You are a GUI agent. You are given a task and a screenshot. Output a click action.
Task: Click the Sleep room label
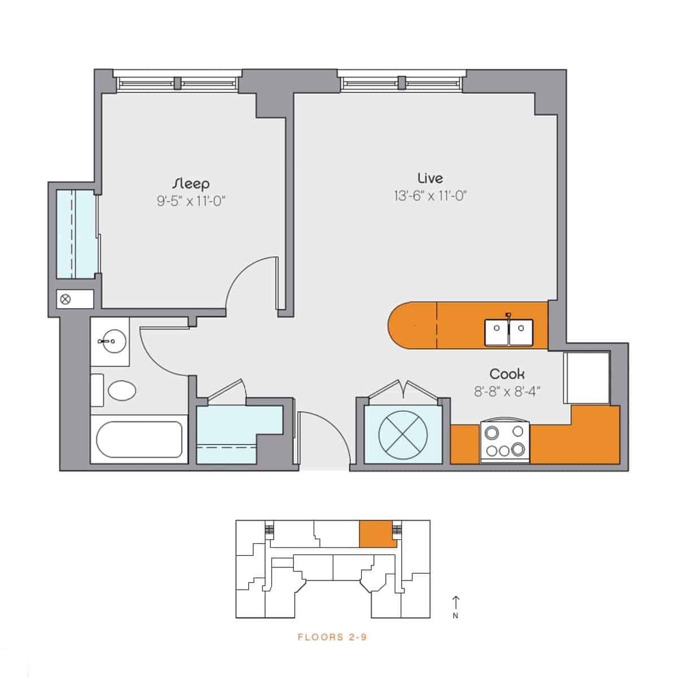[191, 183]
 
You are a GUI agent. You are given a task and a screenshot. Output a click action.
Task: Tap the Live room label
[430, 178]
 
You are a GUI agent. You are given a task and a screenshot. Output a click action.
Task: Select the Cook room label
[507, 373]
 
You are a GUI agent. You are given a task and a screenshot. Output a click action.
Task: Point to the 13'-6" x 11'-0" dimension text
[430, 196]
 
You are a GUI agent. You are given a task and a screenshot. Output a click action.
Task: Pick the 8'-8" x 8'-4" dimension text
[507, 392]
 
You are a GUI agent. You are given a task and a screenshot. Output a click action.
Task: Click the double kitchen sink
[508, 332]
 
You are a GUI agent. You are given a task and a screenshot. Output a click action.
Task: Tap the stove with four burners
[505, 442]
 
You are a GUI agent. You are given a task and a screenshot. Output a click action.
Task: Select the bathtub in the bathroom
[139, 440]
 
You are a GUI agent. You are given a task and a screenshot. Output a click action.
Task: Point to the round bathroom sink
[109, 341]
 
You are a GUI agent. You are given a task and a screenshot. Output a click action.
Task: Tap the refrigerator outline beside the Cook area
[587, 377]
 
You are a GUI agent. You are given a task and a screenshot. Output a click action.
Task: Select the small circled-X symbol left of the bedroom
[65, 299]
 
